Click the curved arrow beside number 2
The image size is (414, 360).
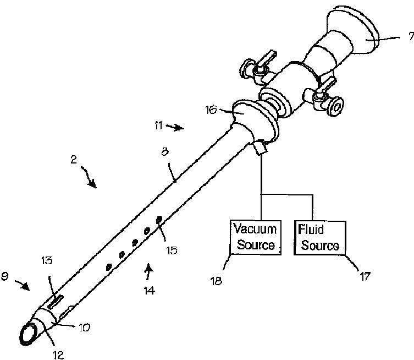pos(90,177)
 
